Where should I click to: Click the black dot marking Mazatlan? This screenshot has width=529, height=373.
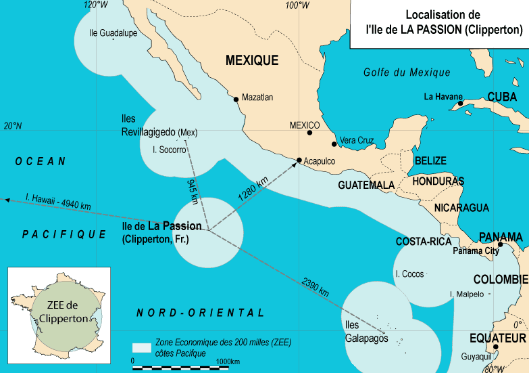(236, 100)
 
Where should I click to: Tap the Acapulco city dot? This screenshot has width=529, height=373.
(299, 160)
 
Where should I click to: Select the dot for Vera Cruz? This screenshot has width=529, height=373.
(334, 144)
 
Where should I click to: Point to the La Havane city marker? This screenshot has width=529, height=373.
(460, 104)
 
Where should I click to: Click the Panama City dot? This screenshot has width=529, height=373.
(500, 244)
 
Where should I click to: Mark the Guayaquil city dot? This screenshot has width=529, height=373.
(495, 347)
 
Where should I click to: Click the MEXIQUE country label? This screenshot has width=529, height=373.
(251, 61)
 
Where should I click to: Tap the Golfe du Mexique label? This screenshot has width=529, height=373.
(406, 73)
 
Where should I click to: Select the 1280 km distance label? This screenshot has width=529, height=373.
(253, 188)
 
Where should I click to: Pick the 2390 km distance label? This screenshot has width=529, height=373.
(316, 288)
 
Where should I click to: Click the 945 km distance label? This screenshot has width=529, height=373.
(192, 192)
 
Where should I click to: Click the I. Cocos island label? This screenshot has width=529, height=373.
(409, 274)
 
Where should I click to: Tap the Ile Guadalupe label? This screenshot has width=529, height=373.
(113, 32)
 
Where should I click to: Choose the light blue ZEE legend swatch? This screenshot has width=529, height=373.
(141, 347)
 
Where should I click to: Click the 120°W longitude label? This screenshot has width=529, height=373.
(95, 5)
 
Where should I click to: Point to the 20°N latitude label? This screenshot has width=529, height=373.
(13, 126)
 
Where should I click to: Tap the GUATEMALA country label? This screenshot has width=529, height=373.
(366, 185)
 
